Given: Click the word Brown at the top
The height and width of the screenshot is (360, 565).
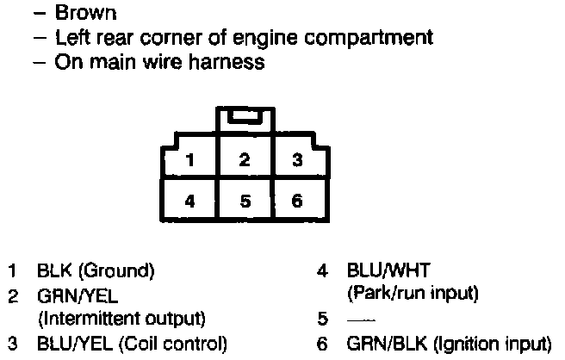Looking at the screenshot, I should [x=85, y=15].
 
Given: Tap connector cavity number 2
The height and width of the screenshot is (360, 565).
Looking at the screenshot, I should [x=245, y=159].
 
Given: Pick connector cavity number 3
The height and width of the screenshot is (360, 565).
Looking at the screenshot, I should [x=296, y=159].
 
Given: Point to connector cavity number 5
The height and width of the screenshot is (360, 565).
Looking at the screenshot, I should [x=245, y=202].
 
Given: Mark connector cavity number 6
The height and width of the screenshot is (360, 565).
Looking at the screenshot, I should [x=296, y=202].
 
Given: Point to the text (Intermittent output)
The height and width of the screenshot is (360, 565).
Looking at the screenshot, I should [x=121, y=319].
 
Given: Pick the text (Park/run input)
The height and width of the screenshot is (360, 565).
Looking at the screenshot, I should [x=412, y=294].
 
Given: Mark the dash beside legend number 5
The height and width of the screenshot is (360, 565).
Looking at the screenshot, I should [x=355, y=320].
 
